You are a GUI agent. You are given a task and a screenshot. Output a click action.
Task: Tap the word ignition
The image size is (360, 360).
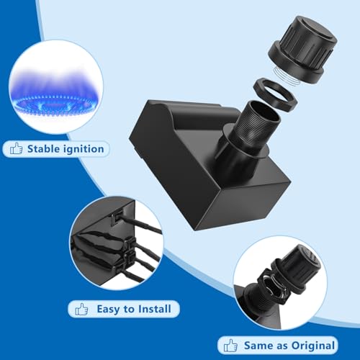coord(84,149)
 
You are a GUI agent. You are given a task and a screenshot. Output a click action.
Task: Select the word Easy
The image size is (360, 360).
coord(109,309)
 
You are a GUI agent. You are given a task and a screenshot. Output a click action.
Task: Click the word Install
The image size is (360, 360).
coord(155,309)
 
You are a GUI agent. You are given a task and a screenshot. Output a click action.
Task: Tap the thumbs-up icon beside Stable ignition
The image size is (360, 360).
coord(16,148)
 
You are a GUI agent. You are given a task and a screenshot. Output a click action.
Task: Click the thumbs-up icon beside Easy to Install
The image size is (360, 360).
coord(81,309)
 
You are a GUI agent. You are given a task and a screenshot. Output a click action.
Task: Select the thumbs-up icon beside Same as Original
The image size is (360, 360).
coord(230,346)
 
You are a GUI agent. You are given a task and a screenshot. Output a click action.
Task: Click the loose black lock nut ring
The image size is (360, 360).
coord(276,94)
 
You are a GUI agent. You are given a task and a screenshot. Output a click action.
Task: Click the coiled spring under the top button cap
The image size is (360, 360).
coord(287,76)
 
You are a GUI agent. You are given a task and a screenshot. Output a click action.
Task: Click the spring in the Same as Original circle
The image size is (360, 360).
coord(271,287)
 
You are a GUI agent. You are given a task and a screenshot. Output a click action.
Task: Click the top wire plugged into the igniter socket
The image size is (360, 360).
coord(139,223)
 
